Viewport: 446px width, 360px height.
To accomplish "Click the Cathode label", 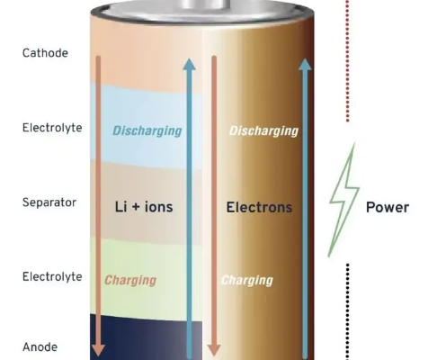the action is click(x=45, y=53).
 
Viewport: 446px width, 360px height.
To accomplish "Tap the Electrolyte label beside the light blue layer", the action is click(x=52, y=128).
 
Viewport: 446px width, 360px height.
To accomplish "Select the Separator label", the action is click(x=49, y=202).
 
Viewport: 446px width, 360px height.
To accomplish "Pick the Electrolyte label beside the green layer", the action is click(x=52, y=276).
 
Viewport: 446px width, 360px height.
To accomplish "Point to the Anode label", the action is click(x=40, y=347).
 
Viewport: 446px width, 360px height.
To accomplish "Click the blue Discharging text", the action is click(x=147, y=131).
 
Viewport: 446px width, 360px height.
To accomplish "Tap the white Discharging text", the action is click(x=263, y=131).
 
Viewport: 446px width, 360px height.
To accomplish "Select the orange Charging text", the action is click(x=130, y=281).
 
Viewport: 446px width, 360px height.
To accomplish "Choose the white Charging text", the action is click(x=247, y=281).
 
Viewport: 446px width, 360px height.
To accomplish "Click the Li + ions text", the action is click(x=144, y=207).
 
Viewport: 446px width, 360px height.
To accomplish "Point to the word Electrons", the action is click(x=259, y=207).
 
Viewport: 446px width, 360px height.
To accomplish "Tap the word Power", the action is click(x=388, y=207).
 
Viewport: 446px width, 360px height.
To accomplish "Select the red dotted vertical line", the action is click(x=348, y=61).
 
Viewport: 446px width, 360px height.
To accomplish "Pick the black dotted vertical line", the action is click(x=348, y=311).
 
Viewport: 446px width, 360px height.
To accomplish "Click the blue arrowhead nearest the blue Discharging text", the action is click(x=189, y=64).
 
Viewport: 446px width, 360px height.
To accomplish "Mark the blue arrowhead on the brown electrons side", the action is click(x=305, y=65).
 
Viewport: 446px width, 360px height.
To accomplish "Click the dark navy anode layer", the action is click(x=146, y=337).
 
